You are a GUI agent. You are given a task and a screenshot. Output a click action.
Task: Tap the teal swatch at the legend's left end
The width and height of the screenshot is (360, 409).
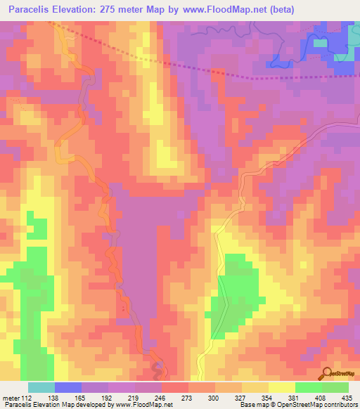point(41,387)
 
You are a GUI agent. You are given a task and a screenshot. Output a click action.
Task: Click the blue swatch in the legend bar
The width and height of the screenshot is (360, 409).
point(68,387)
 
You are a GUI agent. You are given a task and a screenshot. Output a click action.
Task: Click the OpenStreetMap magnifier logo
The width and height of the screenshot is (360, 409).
point(326,372)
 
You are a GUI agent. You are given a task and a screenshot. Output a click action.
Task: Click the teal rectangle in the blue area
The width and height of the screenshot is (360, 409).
point(321,43)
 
